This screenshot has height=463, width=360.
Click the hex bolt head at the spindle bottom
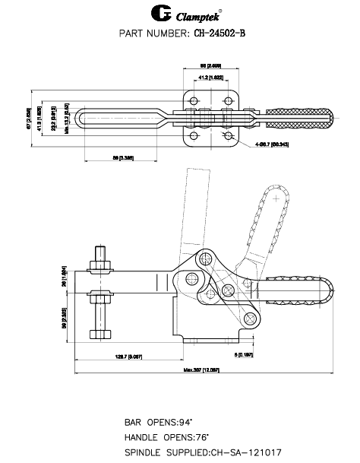(x=101, y=334)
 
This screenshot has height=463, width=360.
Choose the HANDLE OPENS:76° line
(x=164, y=436)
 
